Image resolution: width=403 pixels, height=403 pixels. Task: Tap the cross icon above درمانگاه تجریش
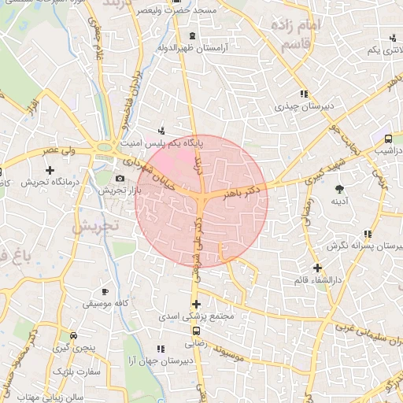click(50, 170)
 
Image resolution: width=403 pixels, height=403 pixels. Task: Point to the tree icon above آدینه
click(339, 189)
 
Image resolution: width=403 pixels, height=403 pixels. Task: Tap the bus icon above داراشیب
click(388, 139)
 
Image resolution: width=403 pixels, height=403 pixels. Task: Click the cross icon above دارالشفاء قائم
click(316, 268)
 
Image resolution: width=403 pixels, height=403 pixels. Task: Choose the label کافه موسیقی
click(105, 303)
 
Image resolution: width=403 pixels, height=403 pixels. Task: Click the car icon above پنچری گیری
click(73, 335)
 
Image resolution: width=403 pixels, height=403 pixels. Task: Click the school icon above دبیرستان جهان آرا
click(161, 348)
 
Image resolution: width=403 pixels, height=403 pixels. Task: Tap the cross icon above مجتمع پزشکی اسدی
click(196, 304)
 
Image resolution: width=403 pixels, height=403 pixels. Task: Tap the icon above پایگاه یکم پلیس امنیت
click(161, 131)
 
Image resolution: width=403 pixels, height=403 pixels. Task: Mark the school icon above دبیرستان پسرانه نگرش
click(368, 234)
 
